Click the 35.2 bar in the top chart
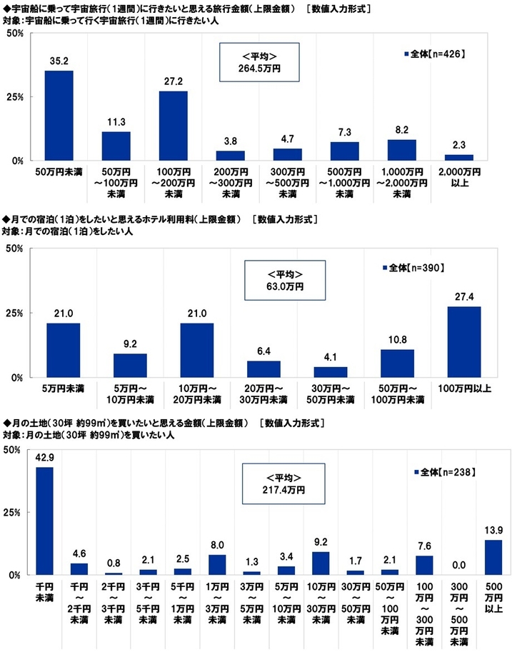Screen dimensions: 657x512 click(x=59, y=115)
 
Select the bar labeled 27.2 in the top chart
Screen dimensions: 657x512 click(x=173, y=126)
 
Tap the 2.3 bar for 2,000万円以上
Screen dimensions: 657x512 click(x=458, y=157)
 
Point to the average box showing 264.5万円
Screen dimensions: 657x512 click(x=258, y=62)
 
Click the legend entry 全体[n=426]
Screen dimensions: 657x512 click(x=434, y=54)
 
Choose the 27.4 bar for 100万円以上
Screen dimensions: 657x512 click(x=463, y=341)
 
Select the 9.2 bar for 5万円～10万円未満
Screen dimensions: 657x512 click(x=130, y=365)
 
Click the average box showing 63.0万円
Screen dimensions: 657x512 click(x=285, y=280)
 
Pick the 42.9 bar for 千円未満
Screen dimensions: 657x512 click(x=44, y=520)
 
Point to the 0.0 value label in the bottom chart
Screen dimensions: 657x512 click(x=459, y=565)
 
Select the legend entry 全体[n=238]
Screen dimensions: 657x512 click(x=445, y=472)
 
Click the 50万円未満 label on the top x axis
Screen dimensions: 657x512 click(x=59, y=172)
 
